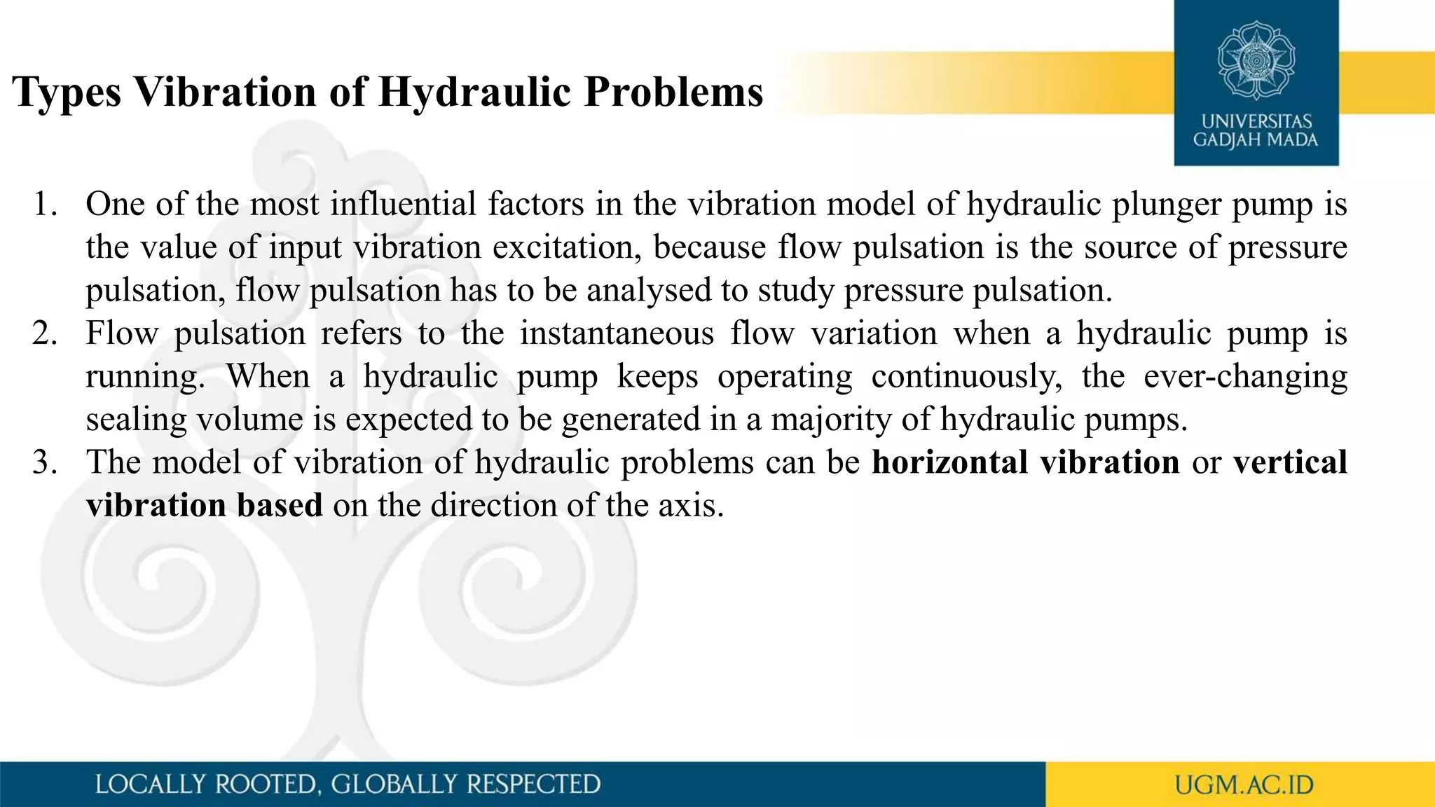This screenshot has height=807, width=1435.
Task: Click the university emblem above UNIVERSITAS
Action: click(x=1256, y=61)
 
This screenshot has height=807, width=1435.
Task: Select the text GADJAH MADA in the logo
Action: click(x=1256, y=140)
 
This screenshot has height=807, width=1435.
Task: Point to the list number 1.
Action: click(x=44, y=205)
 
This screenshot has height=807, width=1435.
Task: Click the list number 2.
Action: click(x=44, y=333)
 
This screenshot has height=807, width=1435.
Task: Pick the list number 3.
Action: click(x=44, y=462)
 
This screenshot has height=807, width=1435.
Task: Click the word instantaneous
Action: click(x=617, y=333)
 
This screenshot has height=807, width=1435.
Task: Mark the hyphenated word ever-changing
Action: click(x=1245, y=377)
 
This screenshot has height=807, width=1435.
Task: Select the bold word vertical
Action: click(x=1290, y=462)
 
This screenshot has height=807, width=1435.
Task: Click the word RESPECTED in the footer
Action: click(x=533, y=785)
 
